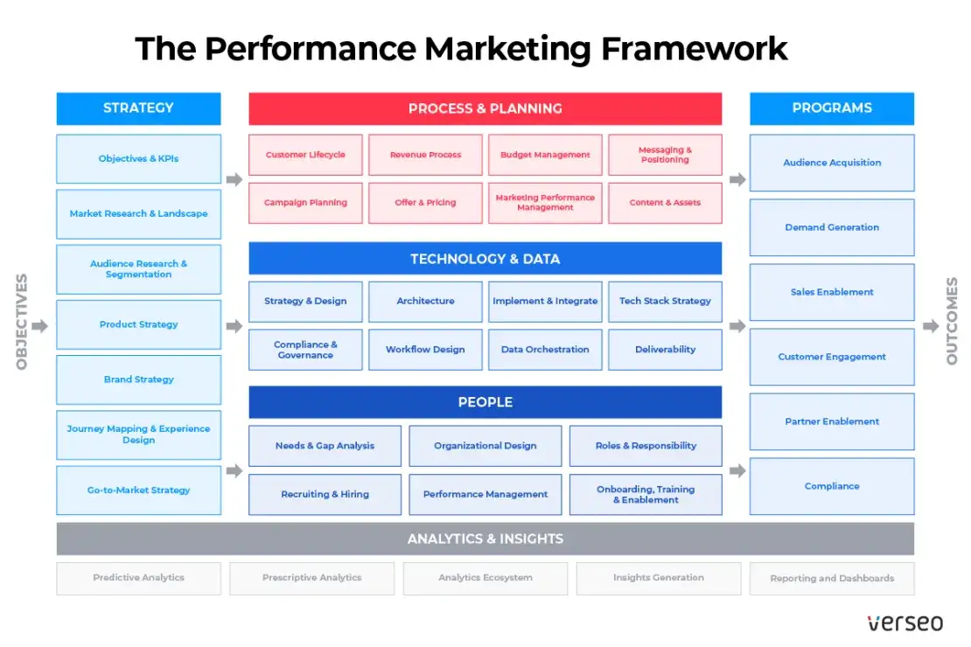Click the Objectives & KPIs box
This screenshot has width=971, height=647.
(x=138, y=158)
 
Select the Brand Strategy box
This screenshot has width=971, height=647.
(x=138, y=379)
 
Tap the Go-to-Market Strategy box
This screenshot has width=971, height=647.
(x=138, y=490)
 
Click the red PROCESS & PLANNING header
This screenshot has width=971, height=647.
(x=485, y=109)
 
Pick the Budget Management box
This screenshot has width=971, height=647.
(x=545, y=155)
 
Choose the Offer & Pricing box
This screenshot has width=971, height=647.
(x=425, y=203)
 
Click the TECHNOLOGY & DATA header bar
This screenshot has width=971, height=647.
(x=485, y=259)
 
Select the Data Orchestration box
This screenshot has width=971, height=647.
(x=545, y=350)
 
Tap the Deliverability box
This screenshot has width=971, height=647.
(x=665, y=350)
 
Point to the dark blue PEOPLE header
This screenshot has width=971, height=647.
(x=485, y=402)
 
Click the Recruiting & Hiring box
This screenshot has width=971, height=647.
(x=325, y=494)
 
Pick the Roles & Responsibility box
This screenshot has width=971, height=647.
(x=646, y=446)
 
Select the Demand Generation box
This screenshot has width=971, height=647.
(x=832, y=227)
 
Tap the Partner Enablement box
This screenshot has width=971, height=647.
(x=832, y=421)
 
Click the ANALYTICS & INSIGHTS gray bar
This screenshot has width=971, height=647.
(x=485, y=539)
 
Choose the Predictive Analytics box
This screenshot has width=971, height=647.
(x=138, y=578)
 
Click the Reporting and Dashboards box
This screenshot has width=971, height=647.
(x=832, y=578)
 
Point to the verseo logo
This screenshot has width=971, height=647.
(x=905, y=623)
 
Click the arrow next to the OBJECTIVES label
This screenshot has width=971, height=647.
(x=39, y=326)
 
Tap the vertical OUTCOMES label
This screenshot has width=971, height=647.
(x=952, y=321)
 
